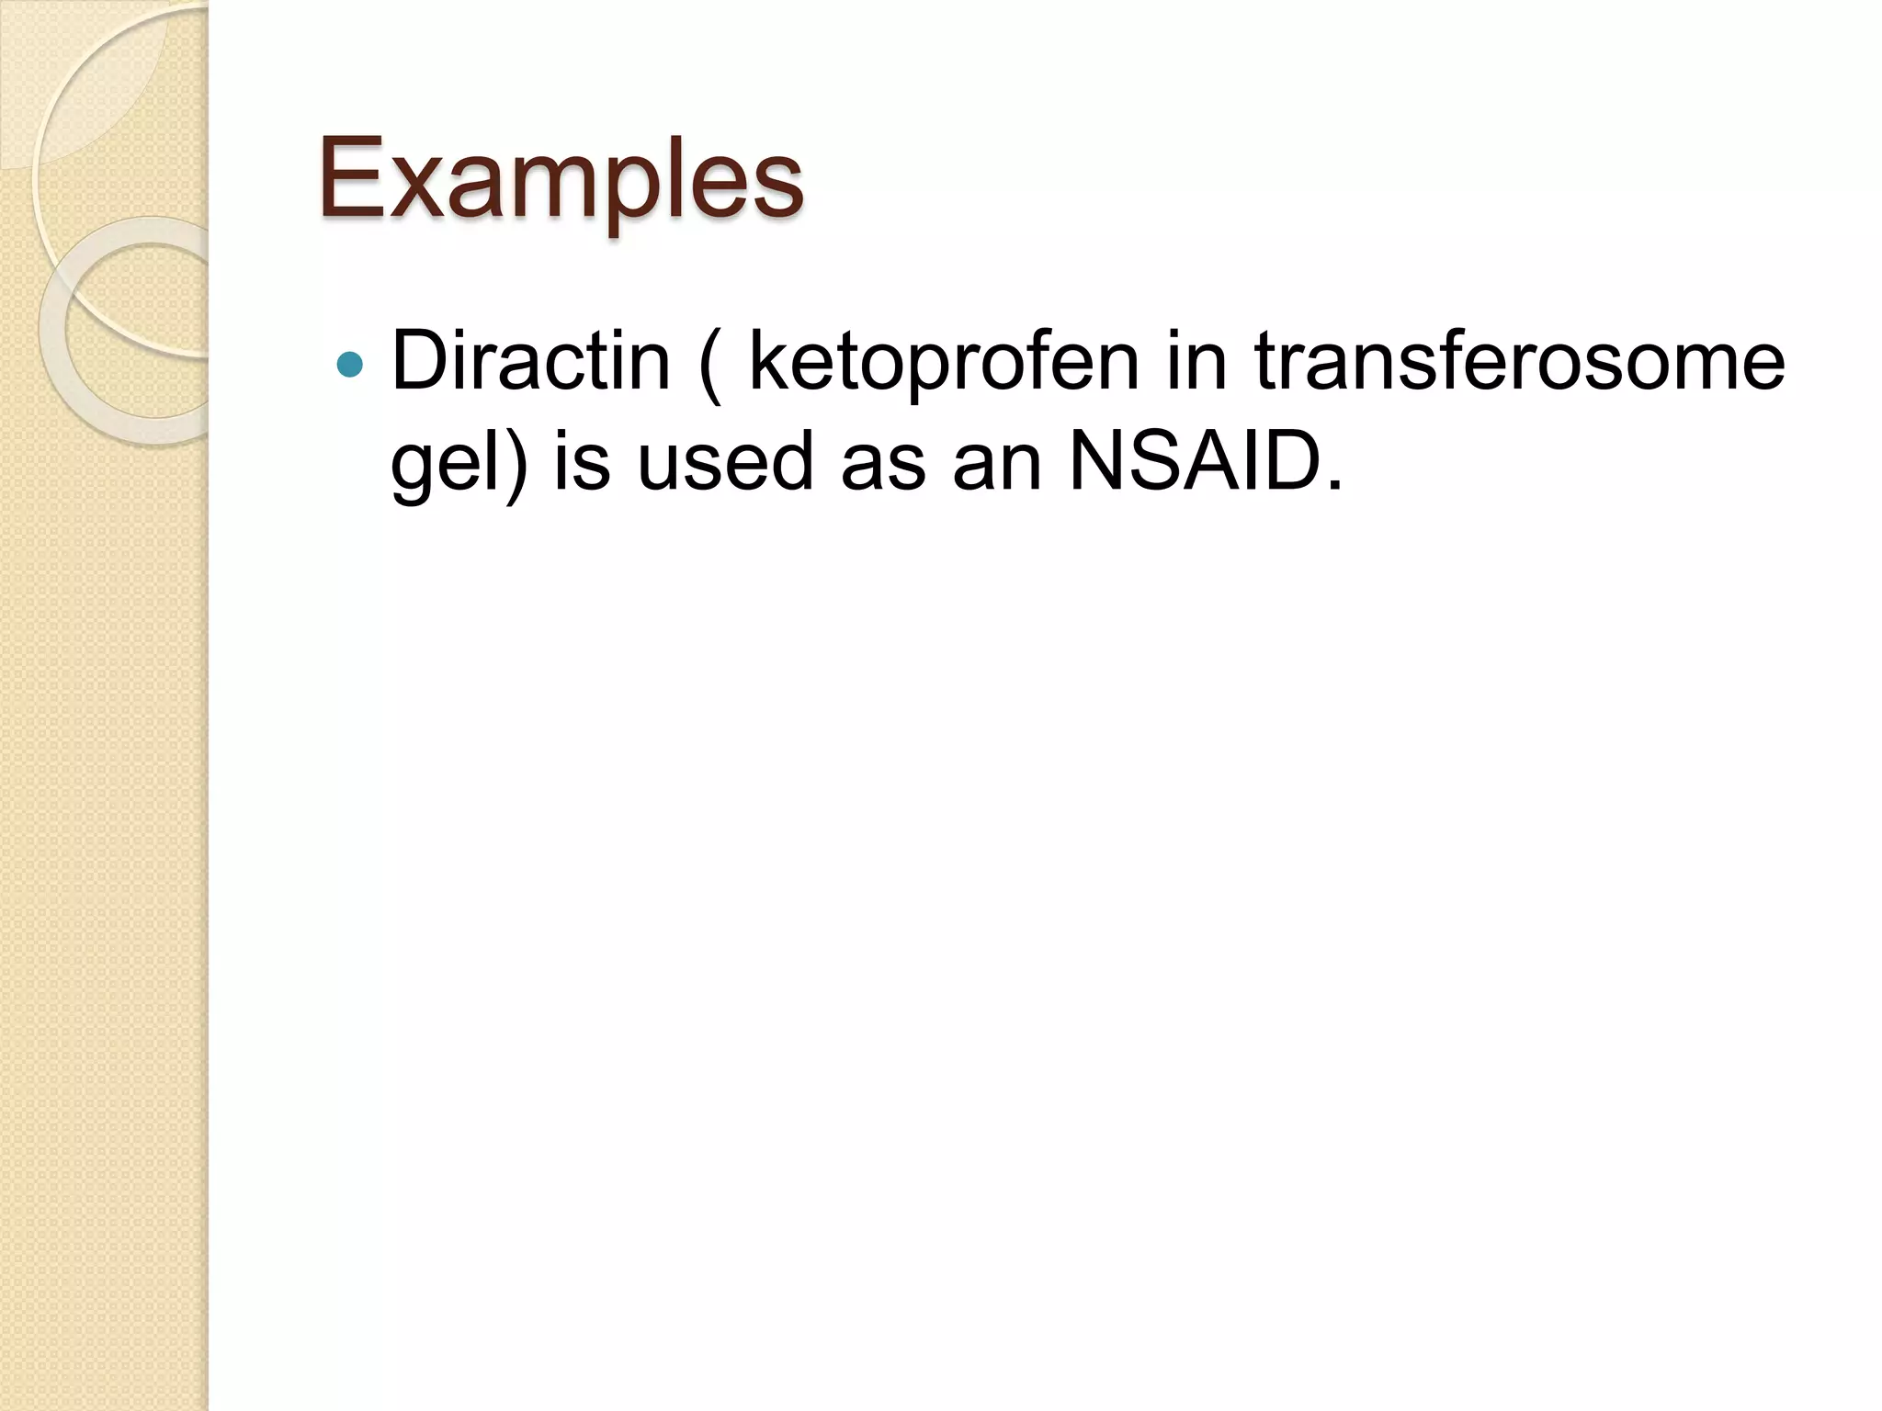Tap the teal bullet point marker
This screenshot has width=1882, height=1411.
(x=350, y=366)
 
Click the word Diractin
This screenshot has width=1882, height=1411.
(x=530, y=361)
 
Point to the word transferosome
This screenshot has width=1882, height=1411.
(x=1519, y=361)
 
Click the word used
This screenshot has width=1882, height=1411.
(x=725, y=461)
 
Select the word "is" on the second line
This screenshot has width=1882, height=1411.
(x=582, y=461)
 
